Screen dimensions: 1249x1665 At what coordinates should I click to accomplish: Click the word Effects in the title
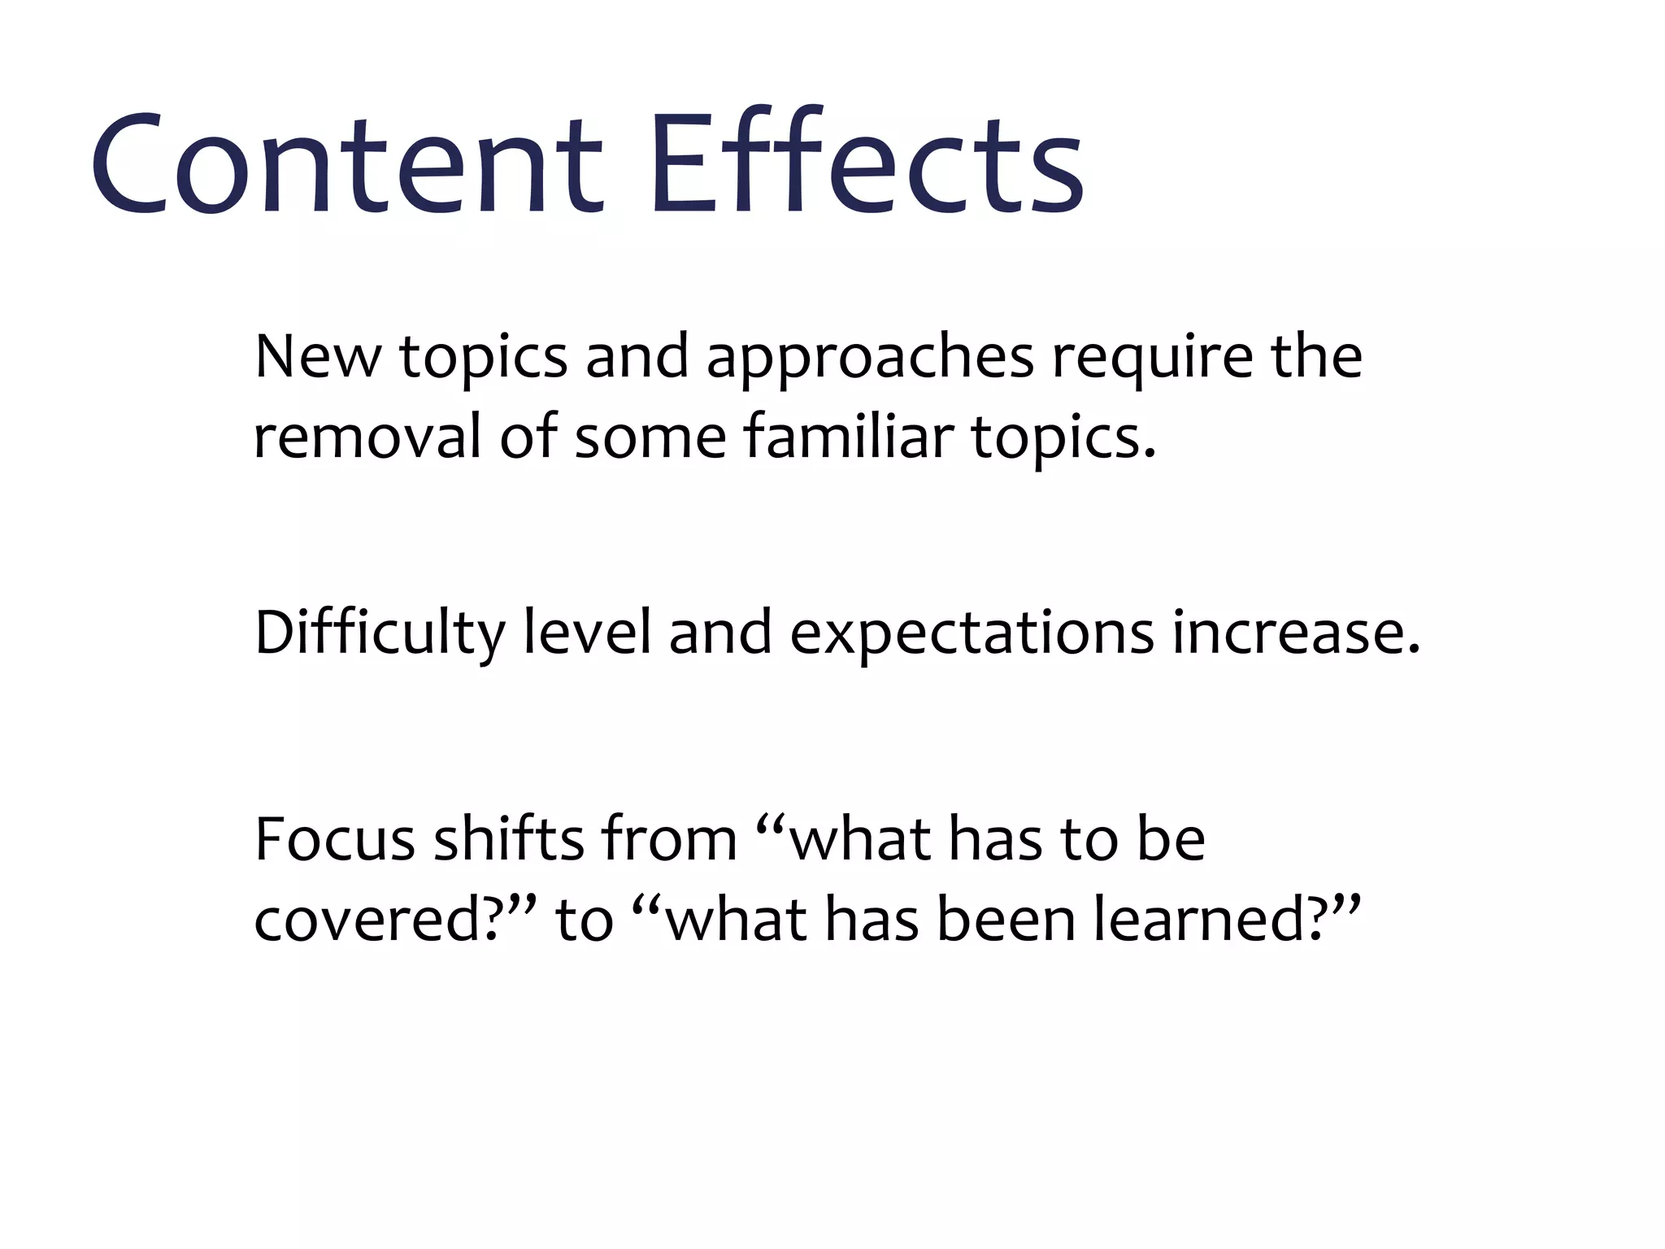point(866,163)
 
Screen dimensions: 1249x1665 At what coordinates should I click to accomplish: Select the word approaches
point(870,358)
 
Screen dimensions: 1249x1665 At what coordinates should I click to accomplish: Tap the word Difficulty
point(379,633)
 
